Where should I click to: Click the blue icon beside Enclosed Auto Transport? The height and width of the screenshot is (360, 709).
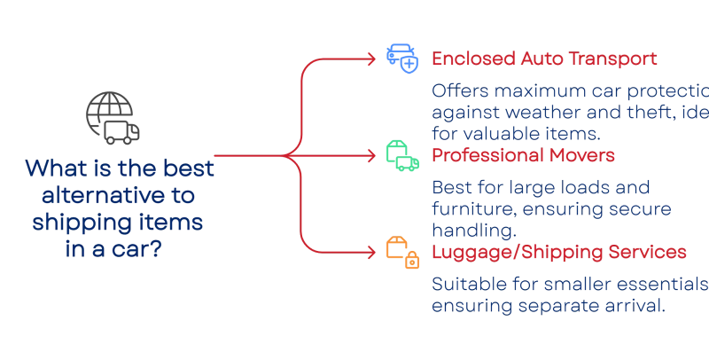click(401, 58)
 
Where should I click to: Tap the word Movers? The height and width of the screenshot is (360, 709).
click(584, 156)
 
